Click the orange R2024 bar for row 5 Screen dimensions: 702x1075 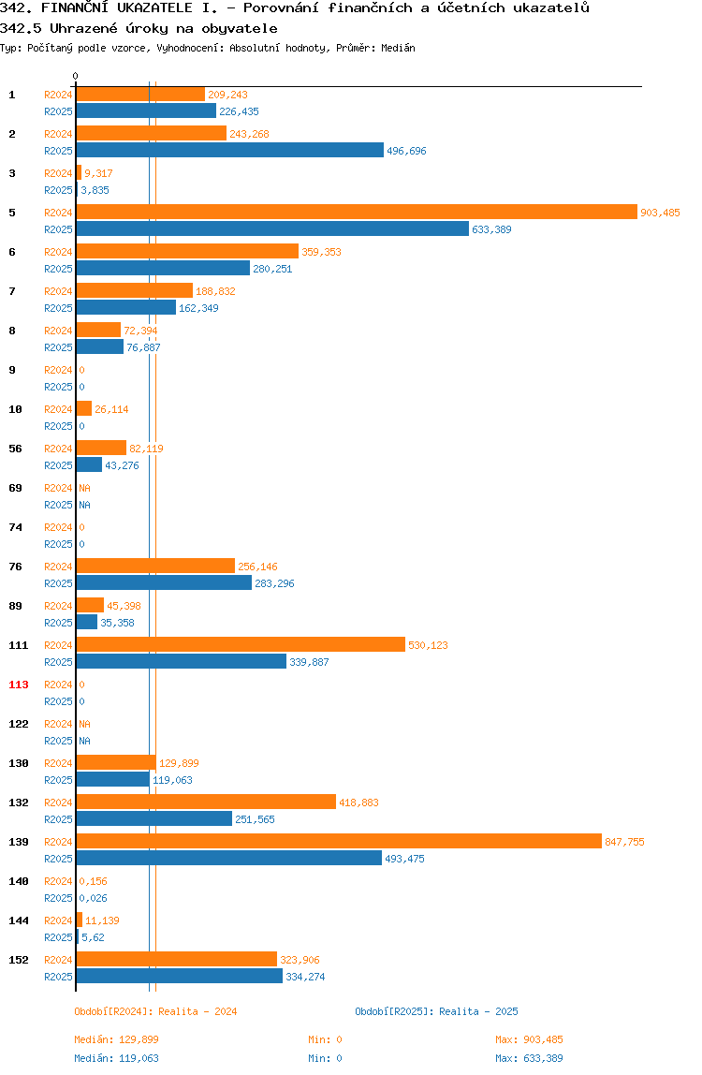pos(357,212)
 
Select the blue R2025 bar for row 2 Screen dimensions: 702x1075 pos(229,150)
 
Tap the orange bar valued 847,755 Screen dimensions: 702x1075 pos(339,841)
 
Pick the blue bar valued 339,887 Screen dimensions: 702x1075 pos(181,662)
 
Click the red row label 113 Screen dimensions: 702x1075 pos(19,685)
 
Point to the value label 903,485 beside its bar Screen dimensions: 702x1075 pos(660,213)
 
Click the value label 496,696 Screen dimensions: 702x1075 pos(406,151)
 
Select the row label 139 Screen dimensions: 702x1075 pos(19,842)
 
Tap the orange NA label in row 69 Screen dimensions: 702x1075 pos(84,488)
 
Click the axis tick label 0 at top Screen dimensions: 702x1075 pos(76,76)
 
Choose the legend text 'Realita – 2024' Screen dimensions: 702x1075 pos(197,1011)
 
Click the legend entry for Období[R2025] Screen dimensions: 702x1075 pos(436,1011)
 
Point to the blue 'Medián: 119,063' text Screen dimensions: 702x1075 pos(117,1058)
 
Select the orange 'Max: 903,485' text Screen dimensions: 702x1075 pos(529,1039)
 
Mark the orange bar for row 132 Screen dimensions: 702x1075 pos(206,803)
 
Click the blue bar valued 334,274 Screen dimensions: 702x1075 pos(179,977)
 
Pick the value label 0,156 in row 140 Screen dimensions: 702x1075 pos(94,881)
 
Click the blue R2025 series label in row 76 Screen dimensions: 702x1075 pos(58,583)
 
